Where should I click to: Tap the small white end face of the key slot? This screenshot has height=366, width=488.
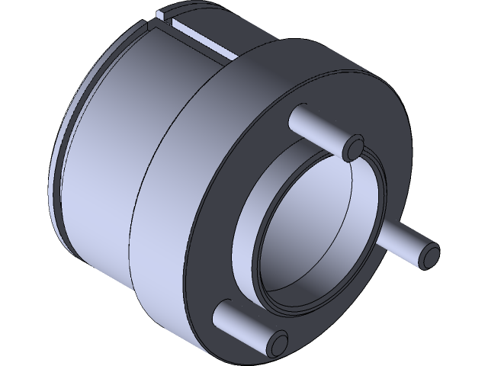[x=162, y=14]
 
